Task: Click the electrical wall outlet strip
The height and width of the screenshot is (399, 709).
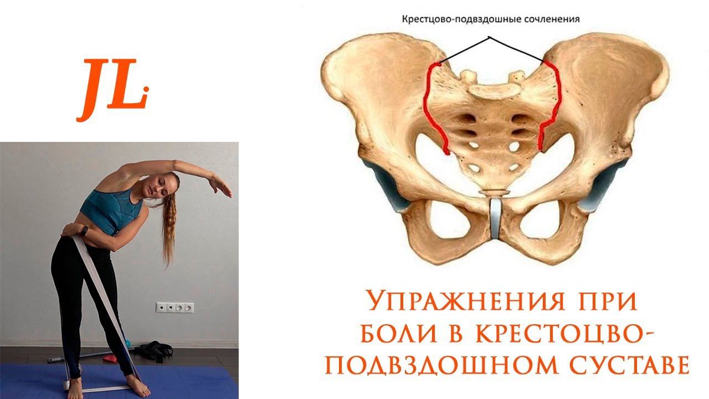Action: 174,307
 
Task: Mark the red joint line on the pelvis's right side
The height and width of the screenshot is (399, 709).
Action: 552,105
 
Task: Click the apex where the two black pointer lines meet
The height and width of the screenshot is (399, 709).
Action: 490,38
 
